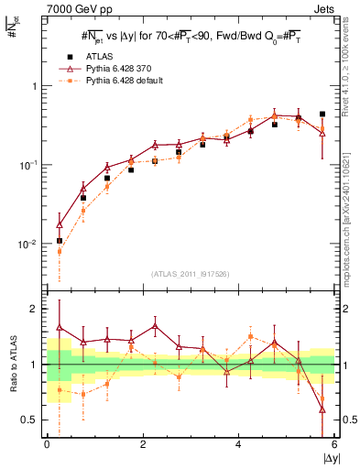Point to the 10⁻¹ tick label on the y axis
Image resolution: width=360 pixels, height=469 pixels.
27,165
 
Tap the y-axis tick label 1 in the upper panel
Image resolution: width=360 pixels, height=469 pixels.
34,85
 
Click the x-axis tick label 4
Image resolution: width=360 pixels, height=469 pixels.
238,444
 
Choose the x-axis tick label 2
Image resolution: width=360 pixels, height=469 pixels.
143,444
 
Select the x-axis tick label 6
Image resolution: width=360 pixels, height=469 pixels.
333,444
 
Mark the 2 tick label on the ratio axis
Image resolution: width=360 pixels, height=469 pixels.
35,309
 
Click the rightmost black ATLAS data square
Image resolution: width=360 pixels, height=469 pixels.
322,115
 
